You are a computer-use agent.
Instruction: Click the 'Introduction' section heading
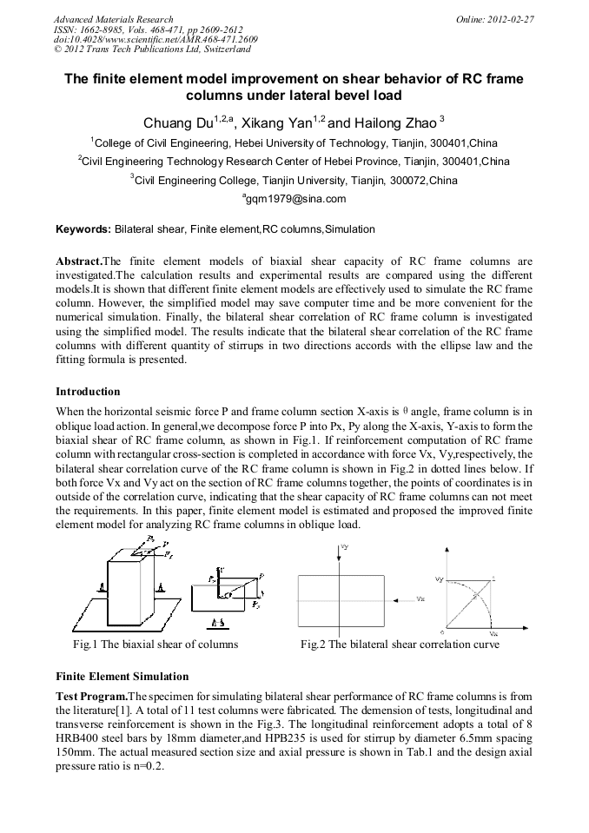coord(88,392)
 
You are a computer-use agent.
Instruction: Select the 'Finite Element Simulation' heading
coord(122,676)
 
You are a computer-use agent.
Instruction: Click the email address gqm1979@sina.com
coord(294,199)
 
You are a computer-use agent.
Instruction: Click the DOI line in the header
coord(156,40)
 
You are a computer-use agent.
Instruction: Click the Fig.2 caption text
coord(400,645)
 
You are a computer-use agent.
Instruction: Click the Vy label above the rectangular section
coord(345,548)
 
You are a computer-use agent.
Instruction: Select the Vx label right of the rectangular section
coord(420,598)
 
